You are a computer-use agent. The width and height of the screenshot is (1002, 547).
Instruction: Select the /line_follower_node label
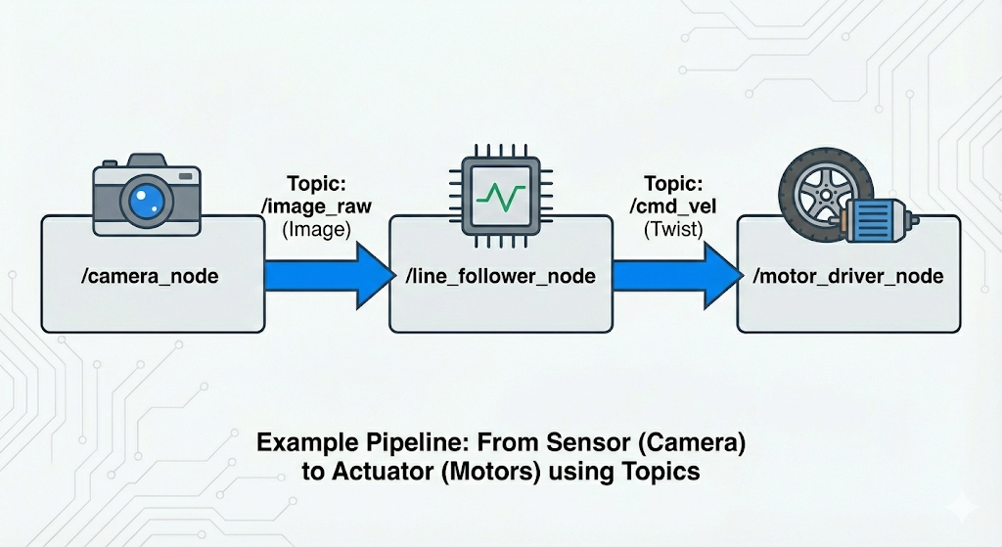point(500,277)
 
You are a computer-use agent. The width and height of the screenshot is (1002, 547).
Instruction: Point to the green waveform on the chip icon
point(500,196)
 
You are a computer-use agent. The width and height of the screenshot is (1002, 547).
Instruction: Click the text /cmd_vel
point(672,207)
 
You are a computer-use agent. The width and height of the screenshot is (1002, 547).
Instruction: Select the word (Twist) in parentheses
point(672,231)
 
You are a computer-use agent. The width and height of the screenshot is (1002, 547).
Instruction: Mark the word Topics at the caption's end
point(660,471)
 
